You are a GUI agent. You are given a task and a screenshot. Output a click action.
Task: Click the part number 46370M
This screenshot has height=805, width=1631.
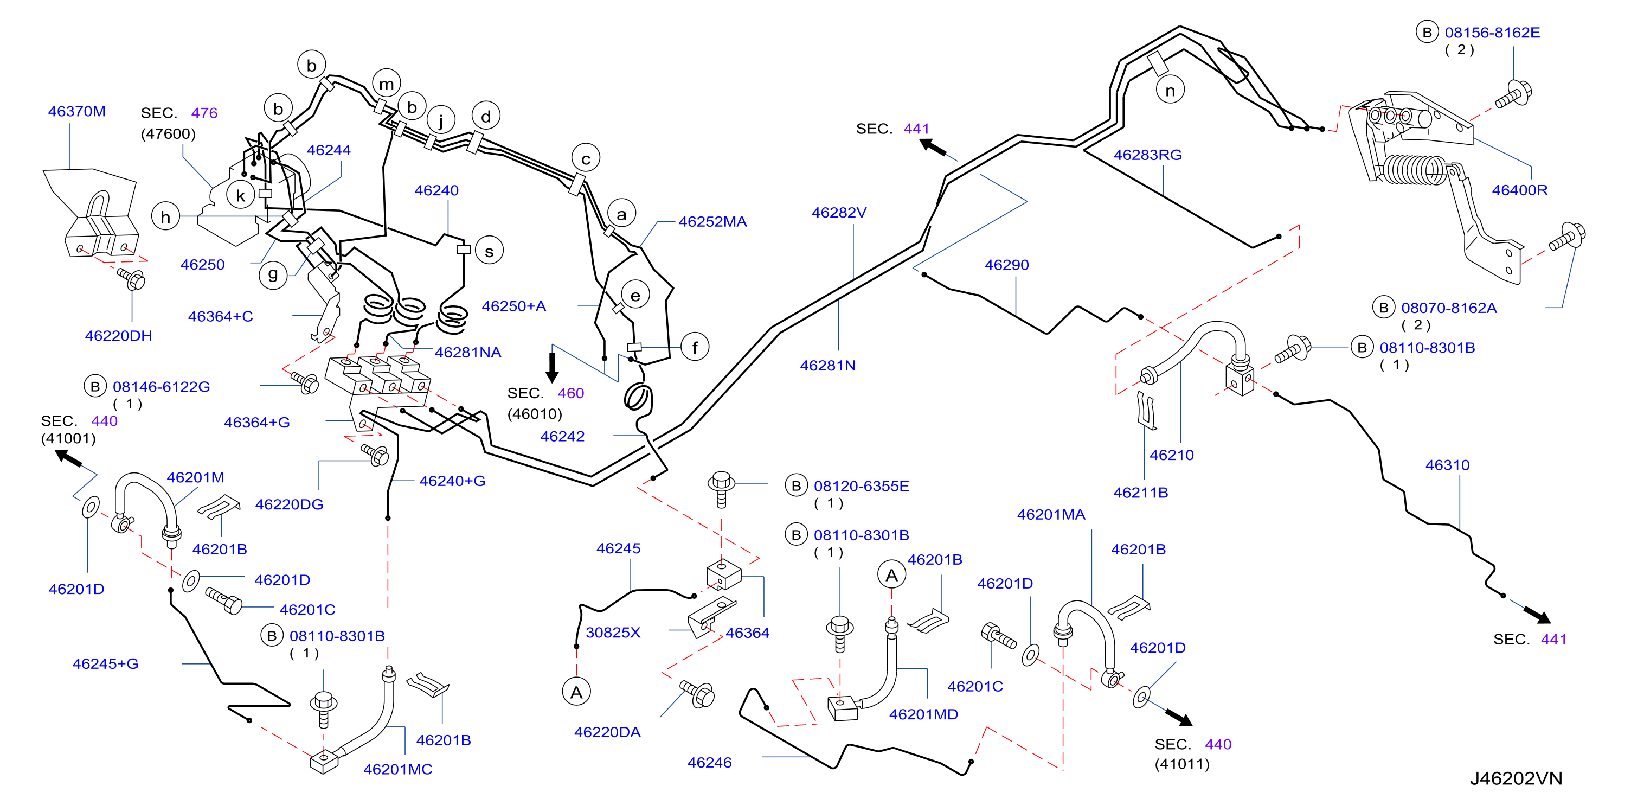tap(76, 111)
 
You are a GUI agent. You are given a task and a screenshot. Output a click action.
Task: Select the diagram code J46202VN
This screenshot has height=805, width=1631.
tap(1516, 778)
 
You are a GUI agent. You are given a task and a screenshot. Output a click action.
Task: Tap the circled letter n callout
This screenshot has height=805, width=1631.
tap(1170, 91)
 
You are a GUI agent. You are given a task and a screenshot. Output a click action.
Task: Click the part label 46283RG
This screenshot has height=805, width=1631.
tap(1147, 155)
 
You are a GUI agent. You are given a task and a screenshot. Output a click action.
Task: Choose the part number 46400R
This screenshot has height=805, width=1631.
tap(1519, 190)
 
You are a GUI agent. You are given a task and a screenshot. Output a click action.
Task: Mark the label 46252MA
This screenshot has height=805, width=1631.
tap(712, 222)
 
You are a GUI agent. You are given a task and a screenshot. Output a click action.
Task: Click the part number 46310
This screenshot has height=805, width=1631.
tap(1447, 465)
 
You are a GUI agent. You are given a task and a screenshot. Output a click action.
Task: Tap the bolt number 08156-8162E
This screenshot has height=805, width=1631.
tap(1492, 33)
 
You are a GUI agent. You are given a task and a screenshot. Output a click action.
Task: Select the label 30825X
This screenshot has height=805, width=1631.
tap(613, 632)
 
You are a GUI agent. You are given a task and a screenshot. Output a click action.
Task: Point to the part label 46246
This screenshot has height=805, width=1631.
tap(709, 763)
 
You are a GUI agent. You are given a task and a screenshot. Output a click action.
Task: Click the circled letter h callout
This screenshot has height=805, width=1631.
tap(165, 216)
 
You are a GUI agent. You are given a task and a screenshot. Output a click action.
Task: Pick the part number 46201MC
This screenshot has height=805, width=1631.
tap(397, 770)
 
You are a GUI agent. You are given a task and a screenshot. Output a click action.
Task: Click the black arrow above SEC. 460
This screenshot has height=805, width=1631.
tap(552, 367)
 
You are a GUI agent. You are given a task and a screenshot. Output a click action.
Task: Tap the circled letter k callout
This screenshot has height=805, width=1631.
tap(241, 195)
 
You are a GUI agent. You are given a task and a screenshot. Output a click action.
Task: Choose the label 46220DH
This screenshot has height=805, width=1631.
tap(118, 336)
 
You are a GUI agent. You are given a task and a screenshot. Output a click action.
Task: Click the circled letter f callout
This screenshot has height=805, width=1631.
tap(695, 347)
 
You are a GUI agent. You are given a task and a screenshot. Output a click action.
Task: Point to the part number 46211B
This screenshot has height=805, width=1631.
tap(1140, 493)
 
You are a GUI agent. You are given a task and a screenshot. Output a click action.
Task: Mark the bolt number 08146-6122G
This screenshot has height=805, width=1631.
tap(161, 387)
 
